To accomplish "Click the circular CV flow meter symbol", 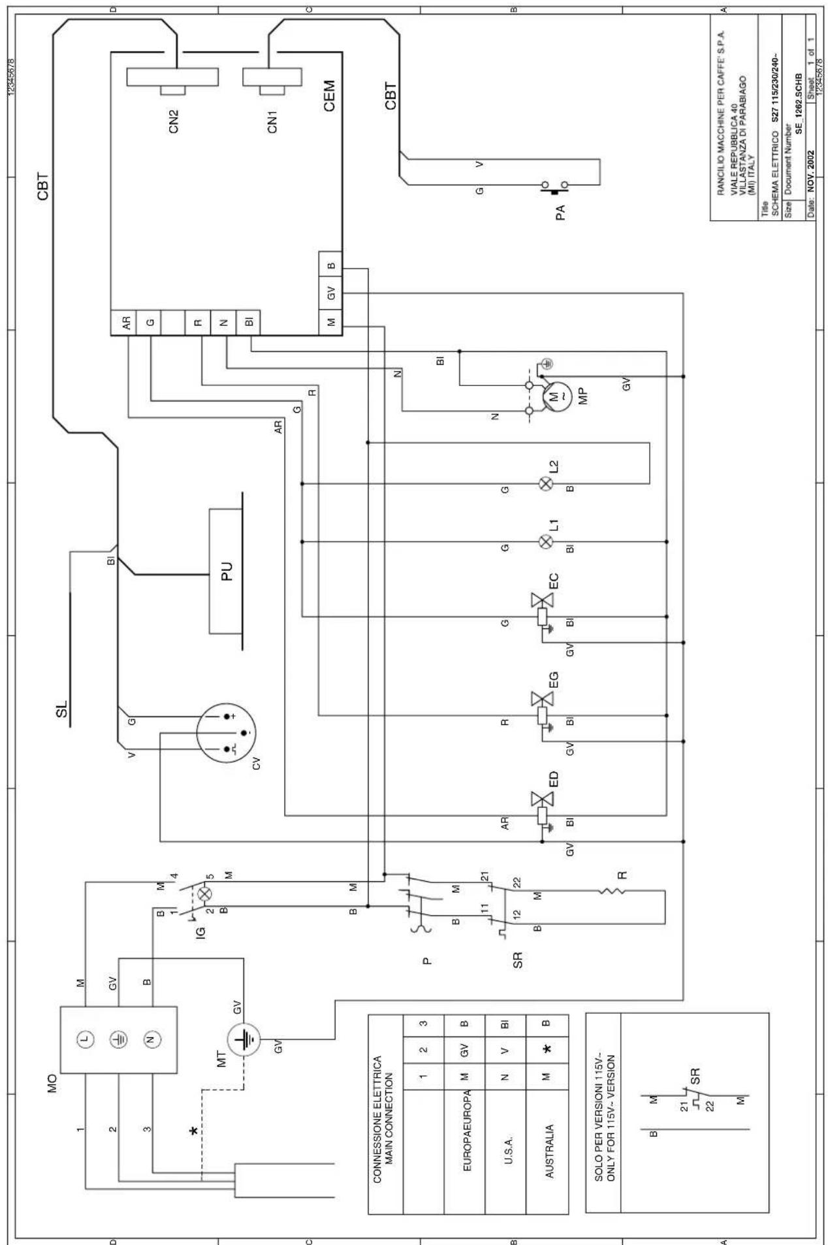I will tap(227, 732).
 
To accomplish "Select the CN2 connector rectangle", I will tap(173, 77).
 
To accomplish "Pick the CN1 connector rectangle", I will tap(272, 77).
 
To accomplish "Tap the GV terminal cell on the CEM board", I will tap(331, 293).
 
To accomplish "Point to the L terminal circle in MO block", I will tap(84, 1039).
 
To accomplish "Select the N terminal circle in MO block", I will tap(151, 1039).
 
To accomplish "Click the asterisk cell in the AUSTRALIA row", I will tap(547, 1067).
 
